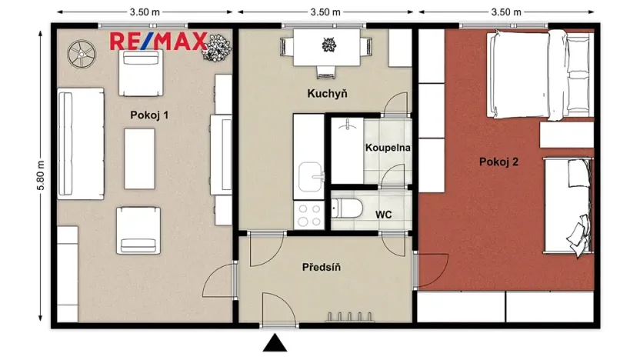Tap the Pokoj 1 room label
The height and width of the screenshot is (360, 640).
click(148, 115)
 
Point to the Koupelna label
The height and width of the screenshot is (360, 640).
click(388, 146)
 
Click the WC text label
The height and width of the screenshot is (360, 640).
click(384, 214)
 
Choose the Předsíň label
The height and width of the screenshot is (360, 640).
click(322, 267)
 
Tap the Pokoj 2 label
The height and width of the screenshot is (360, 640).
click(498, 162)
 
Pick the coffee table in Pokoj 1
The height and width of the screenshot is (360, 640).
click(139, 158)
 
